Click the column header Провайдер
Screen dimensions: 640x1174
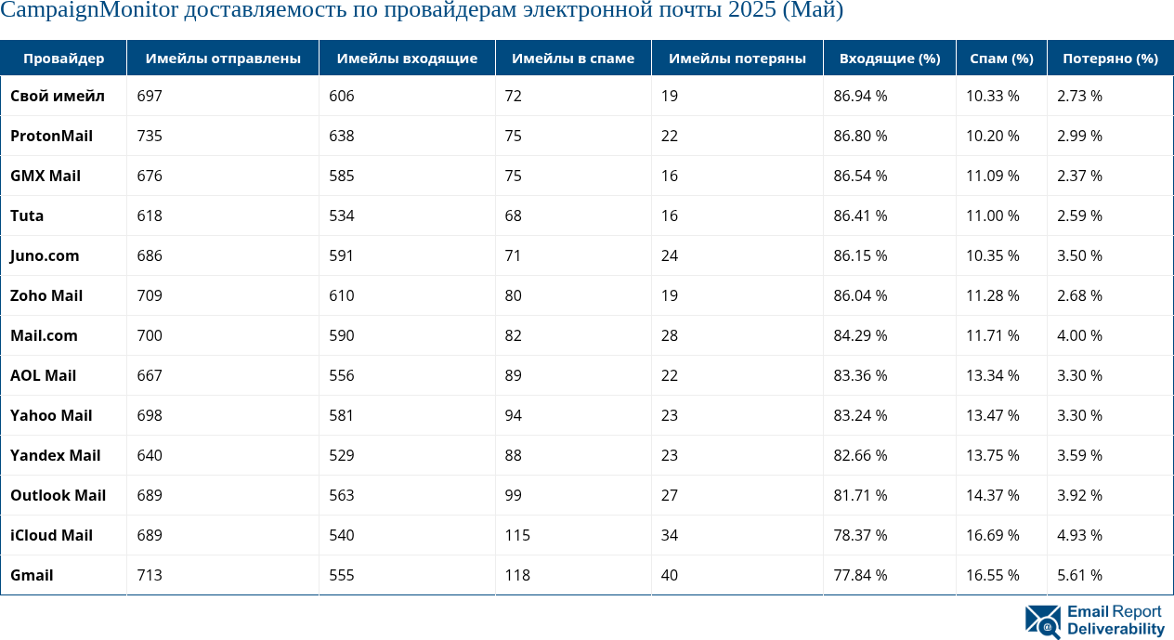[x=63, y=59]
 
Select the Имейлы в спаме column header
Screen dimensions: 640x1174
[x=574, y=59]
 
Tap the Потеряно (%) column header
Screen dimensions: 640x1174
[x=1110, y=59]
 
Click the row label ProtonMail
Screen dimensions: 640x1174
[x=51, y=136]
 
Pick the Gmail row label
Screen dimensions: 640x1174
[x=32, y=575]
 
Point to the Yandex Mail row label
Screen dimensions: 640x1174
[x=55, y=455]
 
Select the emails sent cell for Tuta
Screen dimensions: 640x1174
[x=150, y=216]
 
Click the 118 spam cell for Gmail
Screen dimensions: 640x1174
[x=517, y=575]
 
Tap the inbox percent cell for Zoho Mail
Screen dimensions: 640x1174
[x=860, y=295]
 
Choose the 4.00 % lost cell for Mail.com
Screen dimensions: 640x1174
[x=1079, y=335]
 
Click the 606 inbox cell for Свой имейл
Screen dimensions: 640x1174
[x=341, y=96]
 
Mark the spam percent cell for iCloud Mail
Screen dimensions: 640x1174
[x=992, y=535]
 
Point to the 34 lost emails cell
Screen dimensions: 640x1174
[x=670, y=535]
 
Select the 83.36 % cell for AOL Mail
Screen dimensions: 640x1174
[x=860, y=375]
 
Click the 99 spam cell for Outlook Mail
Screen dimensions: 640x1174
[x=513, y=495]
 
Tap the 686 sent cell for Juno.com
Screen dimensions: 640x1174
[x=150, y=255]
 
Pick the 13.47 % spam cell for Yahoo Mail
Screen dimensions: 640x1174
[x=992, y=415]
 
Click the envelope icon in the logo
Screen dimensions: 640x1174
[x=1043, y=621]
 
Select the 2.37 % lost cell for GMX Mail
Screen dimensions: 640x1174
[x=1079, y=176]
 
